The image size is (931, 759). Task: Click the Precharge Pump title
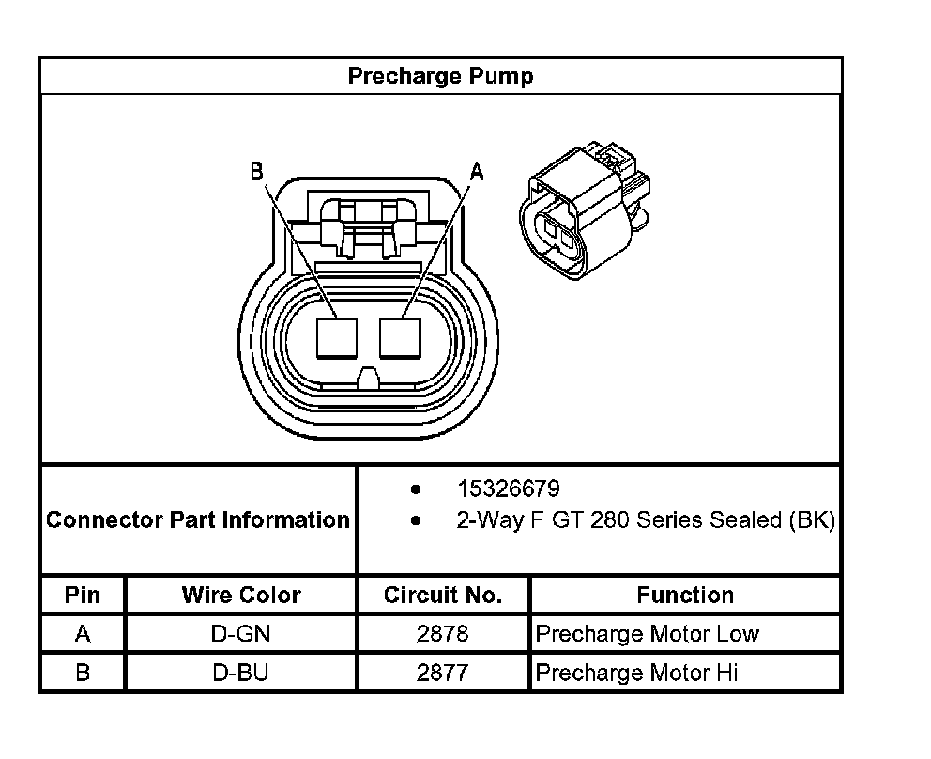(440, 76)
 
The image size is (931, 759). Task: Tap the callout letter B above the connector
(256, 171)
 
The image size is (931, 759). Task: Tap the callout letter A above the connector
(477, 172)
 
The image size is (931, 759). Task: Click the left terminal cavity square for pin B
(337, 338)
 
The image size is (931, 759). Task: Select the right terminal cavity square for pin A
(400, 338)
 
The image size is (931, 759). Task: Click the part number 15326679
(509, 488)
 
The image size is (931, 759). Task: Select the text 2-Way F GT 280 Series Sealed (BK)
(646, 520)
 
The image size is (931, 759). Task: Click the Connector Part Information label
(198, 520)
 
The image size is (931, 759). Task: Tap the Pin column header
(83, 595)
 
